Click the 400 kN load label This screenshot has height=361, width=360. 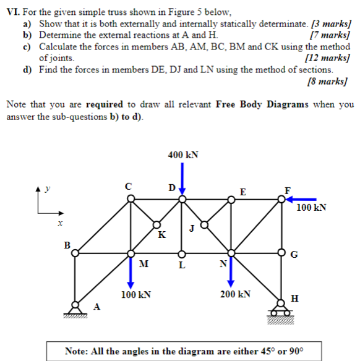182,155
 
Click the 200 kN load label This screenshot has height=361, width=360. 235,294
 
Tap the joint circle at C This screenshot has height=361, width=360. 131,198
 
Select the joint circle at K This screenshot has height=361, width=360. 156,226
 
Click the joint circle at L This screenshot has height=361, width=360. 181,253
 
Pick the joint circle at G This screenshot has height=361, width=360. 282,253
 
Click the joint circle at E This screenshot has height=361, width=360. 231,198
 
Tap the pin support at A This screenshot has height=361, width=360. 75,308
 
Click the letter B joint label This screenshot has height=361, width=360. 67,245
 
